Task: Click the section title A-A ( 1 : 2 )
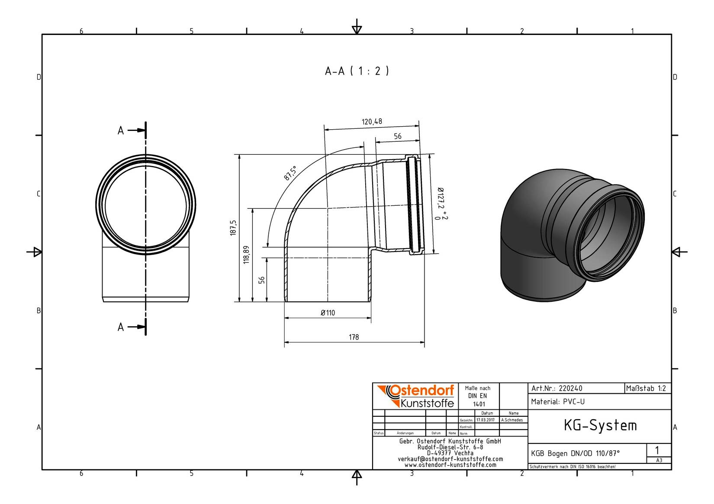point(357,71)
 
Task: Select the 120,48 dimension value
point(372,121)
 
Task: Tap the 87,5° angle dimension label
point(290,173)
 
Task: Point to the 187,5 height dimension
point(233,228)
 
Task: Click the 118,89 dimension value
point(246,255)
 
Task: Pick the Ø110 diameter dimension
point(328,313)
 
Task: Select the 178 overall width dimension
point(354,337)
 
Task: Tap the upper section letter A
point(120,131)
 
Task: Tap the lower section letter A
point(120,327)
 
